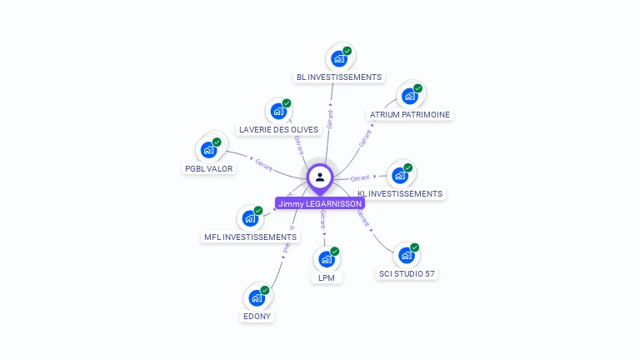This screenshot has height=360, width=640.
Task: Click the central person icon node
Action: click(320, 177)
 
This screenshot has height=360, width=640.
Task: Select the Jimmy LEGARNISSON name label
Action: click(320, 203)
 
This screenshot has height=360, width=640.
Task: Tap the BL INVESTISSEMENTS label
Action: click(339, 77)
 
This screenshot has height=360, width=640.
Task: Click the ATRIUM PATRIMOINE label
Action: click(410, 114)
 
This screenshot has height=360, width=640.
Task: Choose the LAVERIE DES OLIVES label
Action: click(278, 129)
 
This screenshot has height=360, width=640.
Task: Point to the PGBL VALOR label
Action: click(209, 168)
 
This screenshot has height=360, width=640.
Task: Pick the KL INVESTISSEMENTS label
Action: click(400, 193)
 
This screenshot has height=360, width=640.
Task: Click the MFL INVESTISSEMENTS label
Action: click(250, 237)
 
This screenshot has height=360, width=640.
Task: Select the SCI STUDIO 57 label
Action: click(407, 273)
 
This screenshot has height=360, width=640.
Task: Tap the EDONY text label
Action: click(257, 317)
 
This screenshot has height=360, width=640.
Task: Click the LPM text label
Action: click(327, 277)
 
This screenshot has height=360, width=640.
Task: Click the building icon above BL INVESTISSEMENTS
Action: click(338, 58)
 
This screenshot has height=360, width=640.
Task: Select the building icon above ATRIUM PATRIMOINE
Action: click(409, 96)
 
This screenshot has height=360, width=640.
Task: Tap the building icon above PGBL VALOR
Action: click(208, 151)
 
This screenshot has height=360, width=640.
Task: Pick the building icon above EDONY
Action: click(257, 297)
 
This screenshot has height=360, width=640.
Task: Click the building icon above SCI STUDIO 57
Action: click(406, 256)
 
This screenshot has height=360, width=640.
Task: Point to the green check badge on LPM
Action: click(335, 251)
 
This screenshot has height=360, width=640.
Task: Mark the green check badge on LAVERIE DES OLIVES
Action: click(287, 103)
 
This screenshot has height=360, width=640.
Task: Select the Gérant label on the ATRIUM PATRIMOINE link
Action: click(365, 138)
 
